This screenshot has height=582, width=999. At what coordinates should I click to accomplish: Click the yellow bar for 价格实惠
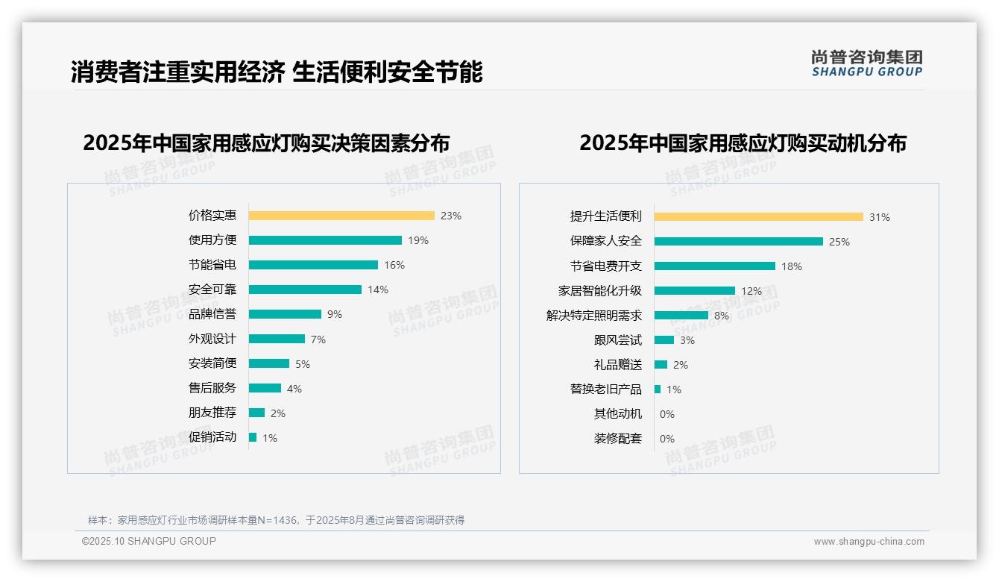pos(341,216)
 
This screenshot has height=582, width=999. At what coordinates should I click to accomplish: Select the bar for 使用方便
pos(325,240)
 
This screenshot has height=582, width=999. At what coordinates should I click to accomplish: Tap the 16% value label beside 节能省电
pos(394,265)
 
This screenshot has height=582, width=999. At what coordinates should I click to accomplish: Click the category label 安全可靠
pos(212,290)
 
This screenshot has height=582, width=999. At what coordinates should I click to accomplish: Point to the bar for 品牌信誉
pos(285,314)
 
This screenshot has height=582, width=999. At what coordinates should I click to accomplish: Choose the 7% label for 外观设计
pos(318,339)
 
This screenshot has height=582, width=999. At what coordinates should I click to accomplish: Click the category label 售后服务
pos(212,388)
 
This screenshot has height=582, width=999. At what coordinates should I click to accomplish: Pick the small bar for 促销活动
pos(253,437)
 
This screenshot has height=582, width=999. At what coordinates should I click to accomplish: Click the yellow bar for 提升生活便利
pos(759,217)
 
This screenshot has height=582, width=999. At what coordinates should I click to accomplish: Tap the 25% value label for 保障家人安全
pos(839,242)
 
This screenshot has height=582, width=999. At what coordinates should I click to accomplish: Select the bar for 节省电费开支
pos(715,266)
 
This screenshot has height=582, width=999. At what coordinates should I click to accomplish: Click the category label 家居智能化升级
pos(599,291)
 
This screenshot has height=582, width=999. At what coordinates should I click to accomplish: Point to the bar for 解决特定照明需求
pos(681,316)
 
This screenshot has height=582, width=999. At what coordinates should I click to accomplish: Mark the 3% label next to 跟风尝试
pos(687,340)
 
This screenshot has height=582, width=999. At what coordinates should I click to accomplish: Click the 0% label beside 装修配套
pos(666,439)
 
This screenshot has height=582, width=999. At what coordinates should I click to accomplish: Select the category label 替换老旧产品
pos(605,389)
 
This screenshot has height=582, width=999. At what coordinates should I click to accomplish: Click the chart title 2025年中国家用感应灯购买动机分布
pos(743,143)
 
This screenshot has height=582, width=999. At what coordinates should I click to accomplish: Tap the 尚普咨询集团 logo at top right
pos(866,63)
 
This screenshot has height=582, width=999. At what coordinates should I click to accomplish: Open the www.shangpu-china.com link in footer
pos(869,542)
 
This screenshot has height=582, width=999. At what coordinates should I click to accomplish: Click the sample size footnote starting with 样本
pos(276,520)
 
